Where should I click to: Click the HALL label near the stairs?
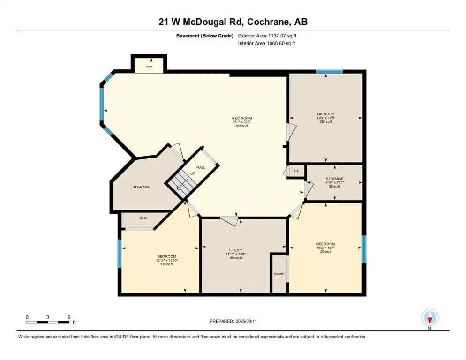point(201,167)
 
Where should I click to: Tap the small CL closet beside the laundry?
point(296,171)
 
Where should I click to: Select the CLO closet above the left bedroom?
point(143,218)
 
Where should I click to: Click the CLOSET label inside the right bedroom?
point(279,274)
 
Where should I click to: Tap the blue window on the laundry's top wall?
point(329,72)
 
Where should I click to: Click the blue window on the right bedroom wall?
point(364,248)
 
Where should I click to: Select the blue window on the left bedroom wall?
point(119,254)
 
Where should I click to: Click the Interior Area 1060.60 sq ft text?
point(266,44)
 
